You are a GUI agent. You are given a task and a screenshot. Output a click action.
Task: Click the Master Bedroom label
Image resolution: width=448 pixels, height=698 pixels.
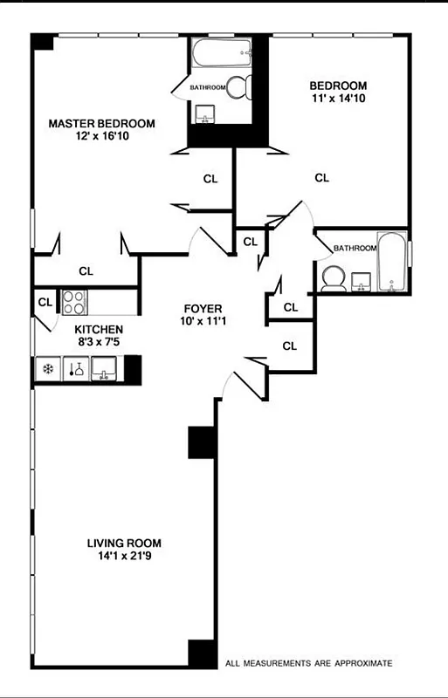pyautogui.click(x=101, y=124)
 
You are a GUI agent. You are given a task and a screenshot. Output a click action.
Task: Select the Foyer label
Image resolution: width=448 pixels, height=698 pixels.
pyautogui.click(x=203, y=309)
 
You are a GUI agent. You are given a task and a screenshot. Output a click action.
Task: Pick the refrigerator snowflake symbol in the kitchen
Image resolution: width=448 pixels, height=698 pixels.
pyautogui.click(x=46, y=369)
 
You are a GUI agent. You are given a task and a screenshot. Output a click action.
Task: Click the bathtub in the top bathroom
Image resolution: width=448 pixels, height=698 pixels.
pyautogui.click(x=222, y=54)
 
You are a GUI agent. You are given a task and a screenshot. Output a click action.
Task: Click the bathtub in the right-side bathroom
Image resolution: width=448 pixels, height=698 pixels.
pyautogui.click(x=391, y=261)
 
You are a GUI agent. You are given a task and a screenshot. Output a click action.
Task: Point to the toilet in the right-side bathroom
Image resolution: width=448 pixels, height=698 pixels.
pyautogui.click(x=332, y=278)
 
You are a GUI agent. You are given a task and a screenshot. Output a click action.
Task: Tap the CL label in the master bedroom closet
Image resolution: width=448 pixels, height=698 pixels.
pyautogui.click(x=86, y=270)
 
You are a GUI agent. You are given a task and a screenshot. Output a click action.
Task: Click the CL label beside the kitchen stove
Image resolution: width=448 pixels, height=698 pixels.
pyautogui.click(x=45, y=303)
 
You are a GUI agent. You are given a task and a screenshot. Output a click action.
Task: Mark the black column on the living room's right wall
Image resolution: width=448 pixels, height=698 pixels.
pyautogui.click(x=202, y=442)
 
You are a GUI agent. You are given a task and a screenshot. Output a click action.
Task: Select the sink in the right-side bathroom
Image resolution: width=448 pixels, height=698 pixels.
pyautogui.click(x=362, y=281)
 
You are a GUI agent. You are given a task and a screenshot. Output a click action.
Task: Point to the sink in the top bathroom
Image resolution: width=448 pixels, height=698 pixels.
pyautogui.click(x=206, y=114)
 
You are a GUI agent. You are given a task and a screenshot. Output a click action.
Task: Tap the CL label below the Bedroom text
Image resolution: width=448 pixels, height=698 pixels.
pyautogui.click(x=321, y=178)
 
